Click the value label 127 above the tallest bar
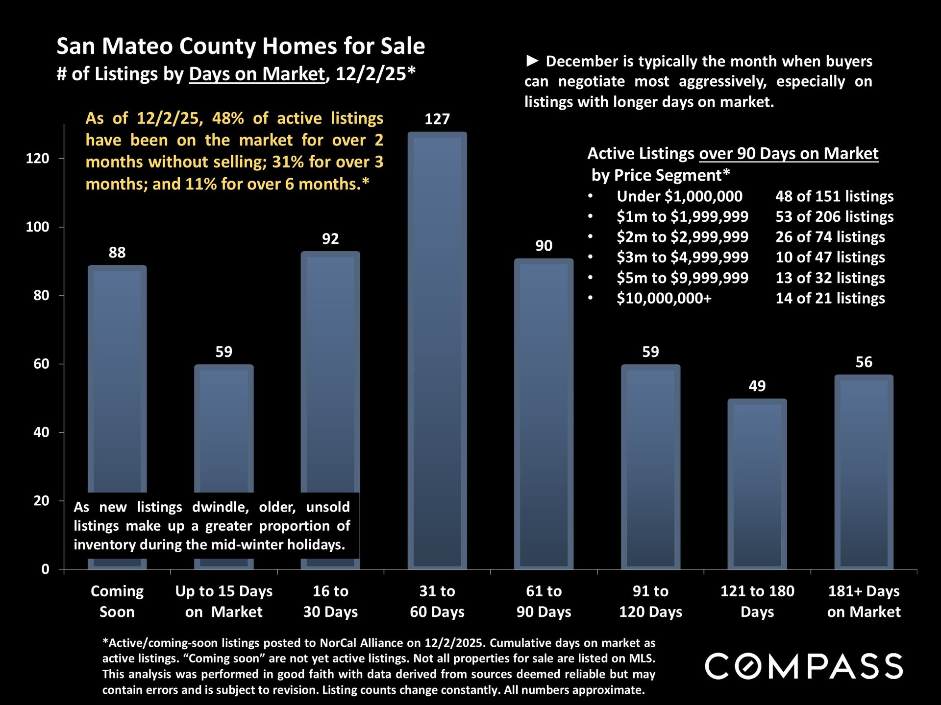(437, 119)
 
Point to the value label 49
(757, 386)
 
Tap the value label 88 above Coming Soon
(117, 253)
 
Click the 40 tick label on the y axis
(41, 432)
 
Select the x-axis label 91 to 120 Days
(650, 601)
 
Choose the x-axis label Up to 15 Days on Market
(224, 601)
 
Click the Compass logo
(804, 666)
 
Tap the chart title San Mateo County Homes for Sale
(241, 46)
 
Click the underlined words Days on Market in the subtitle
(257, 74)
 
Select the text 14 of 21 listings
(830, 298)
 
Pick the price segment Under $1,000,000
(679, 196)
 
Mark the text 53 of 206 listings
(834, 217)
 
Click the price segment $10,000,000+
(664, 298)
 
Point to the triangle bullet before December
(532, 61)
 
